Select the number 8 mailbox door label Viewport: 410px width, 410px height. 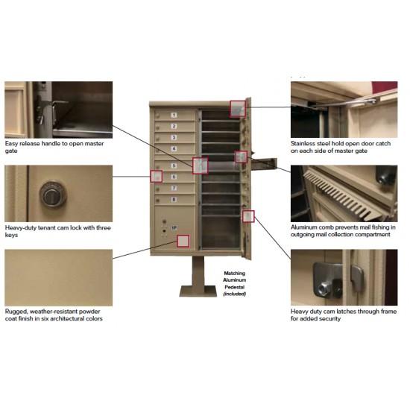tap(174, 200)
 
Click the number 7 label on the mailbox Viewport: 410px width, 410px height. tap(174, 189)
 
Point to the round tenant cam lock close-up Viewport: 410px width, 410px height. tap(52, 195)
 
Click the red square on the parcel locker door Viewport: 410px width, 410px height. tap(183, 241)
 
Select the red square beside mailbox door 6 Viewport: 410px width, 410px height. tap(156, 177)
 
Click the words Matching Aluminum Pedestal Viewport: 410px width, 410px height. tap(234, 279)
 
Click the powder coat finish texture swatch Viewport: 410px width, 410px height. tap(58, 277)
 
